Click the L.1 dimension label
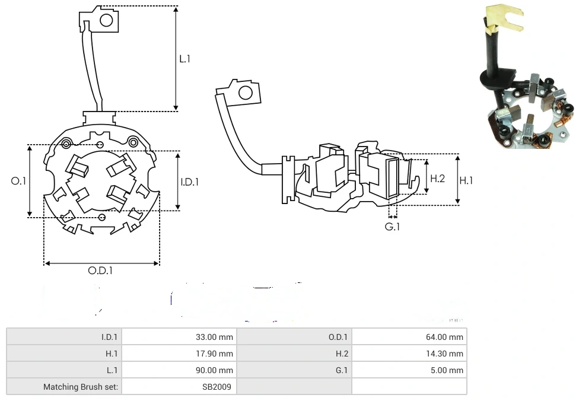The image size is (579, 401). point(184,59)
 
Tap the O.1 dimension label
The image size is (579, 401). point(19,181)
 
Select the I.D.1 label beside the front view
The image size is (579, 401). point(189,182)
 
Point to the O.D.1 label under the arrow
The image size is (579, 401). point(100,270)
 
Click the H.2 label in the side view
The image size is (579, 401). point(437,178)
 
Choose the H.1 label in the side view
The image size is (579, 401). point(466,180)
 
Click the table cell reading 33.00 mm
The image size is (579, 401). point(214,337)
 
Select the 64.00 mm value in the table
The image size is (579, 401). point(444,337)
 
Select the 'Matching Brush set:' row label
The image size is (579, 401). point(81,387)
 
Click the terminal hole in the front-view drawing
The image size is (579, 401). point(106,21)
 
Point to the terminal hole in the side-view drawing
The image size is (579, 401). point(244,93)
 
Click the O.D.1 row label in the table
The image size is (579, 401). point(339,337)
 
